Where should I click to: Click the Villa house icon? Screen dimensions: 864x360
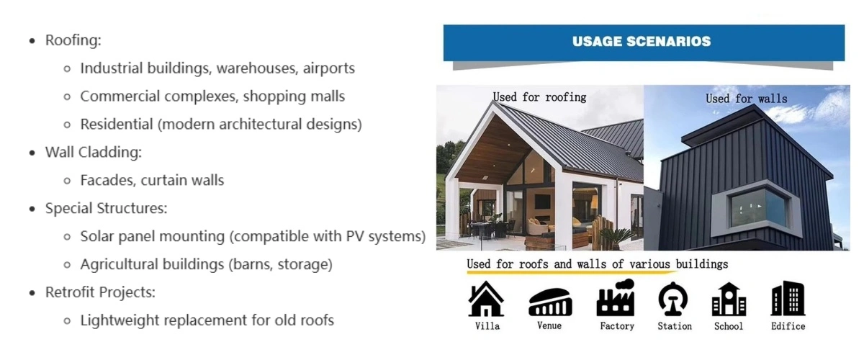[486, 299]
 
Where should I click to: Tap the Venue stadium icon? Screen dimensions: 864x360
[550, 302]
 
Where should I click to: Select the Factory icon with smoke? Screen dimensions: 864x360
[615, 298]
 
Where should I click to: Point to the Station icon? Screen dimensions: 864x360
[673, 299]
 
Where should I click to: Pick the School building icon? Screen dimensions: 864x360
[729, 300]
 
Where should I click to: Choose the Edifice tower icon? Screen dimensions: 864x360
[788, 298]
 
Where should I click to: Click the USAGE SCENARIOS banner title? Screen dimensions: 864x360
[642, 42]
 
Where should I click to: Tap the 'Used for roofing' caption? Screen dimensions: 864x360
[539, 97]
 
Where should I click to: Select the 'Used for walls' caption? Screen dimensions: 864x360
[747, 99]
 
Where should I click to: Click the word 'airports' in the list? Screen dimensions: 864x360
[328, 68]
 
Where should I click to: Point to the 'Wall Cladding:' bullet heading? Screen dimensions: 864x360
[94, 153]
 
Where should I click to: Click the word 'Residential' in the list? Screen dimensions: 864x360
[117, 125]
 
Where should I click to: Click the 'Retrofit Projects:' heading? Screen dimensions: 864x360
[100, 292]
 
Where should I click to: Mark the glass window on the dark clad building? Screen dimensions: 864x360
[758, 208]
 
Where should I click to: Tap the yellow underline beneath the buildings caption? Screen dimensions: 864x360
[572, 272]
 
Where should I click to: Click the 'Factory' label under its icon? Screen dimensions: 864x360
[617, 326]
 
